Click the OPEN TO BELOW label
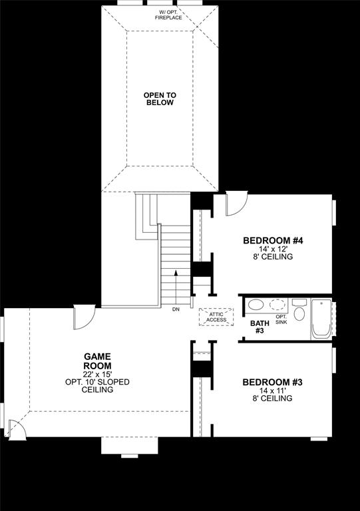pos(158,99)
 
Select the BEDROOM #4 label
pos(268,241)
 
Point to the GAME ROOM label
pos(97,361)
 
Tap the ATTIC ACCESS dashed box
pos(216,317)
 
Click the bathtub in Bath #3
pos(321,320)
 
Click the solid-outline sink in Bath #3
pos(256,306)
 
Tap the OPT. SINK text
pos(281,319)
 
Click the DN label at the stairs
pos(176,310)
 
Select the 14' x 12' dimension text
pos(268,249)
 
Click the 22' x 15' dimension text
pos(97,374)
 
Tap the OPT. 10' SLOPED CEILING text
pos(97,386)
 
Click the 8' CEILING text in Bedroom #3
pos(272,399)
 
